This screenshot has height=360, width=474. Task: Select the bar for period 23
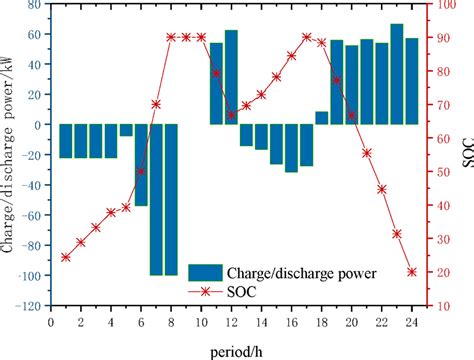coord(397,74)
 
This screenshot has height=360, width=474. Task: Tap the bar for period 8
coord(171,199)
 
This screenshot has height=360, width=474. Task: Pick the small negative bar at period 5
coord(126,130)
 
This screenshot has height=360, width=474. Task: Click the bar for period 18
coord(321,118)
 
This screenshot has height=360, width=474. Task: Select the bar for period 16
coord(291,148)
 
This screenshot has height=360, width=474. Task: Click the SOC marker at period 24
coord(412,271)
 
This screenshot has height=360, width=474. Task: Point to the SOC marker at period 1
coord(66,257)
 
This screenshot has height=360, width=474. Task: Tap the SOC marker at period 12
coord(231,115)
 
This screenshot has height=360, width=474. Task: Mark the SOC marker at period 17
coord(306,37)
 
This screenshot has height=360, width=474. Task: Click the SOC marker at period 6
coord(141,171)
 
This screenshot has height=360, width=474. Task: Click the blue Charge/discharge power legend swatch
coord(205,270)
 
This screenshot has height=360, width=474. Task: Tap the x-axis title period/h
coord(238,349)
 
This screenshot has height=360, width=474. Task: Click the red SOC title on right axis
coord(467,155)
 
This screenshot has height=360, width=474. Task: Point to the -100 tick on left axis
coord(32,275)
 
